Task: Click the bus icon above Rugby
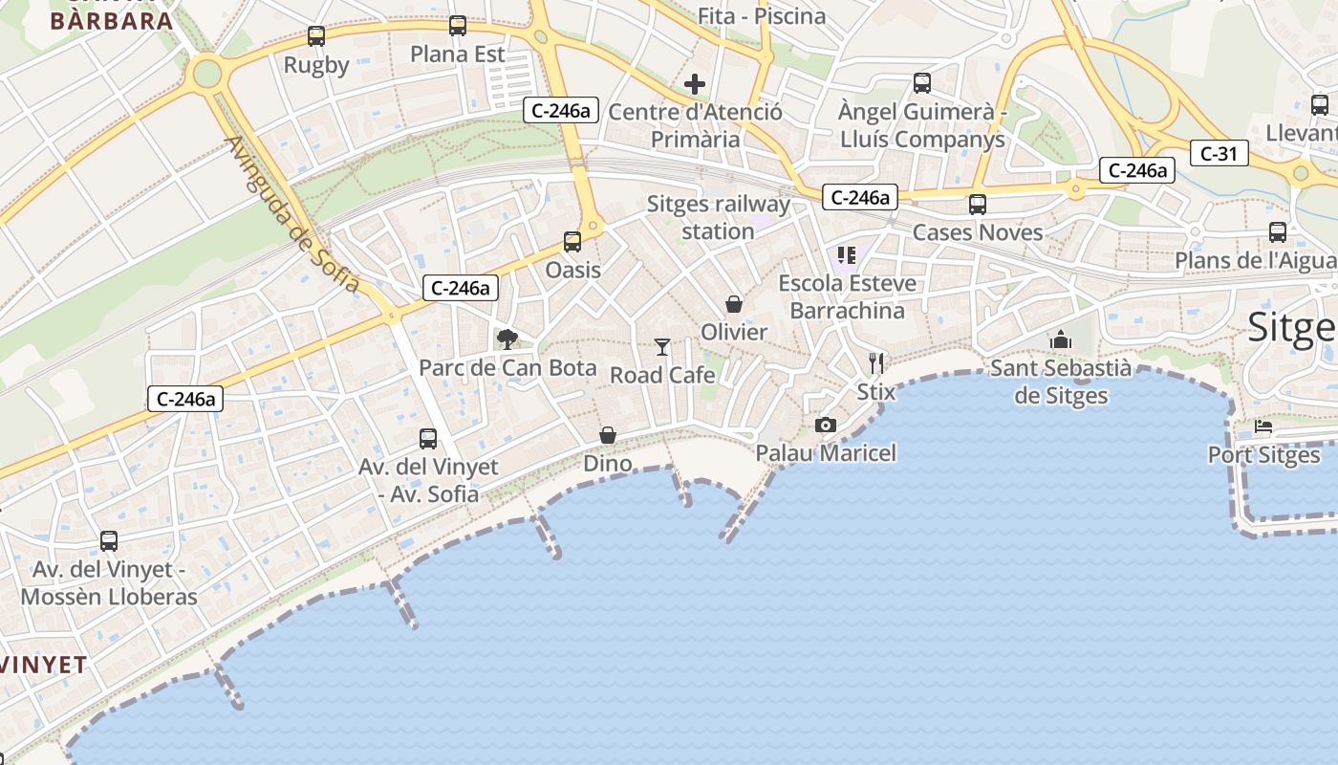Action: [x=316, y=36]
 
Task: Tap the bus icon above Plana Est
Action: [x=458, y=26]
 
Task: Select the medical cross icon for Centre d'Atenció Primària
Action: [x=695, y=84]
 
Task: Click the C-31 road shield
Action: [x=1219, y=153]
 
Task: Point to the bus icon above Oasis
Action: [x=572, y=241]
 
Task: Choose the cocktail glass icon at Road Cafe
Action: [x=662, y=346]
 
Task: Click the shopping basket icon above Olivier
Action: [x=734, y=304]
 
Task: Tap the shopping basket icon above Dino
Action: [x=608, y=435]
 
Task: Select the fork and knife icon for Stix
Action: [x=876, y=363]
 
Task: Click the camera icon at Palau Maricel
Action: [x=826, y=425]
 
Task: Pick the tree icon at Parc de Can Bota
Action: [x=507, y=339]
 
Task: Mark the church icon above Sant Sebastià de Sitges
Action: [x=1060, y=339]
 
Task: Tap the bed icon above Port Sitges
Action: [x=1263, y=426]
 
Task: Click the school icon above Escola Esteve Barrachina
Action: [x=846, y=254]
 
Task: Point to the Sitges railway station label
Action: [x=718, y=217]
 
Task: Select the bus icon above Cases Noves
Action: [x=977, y=204]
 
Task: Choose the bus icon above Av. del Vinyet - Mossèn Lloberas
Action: [x=109, y=541]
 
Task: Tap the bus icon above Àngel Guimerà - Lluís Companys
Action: [x=922, y=83]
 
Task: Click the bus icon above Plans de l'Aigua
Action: [x=1278, y=231]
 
